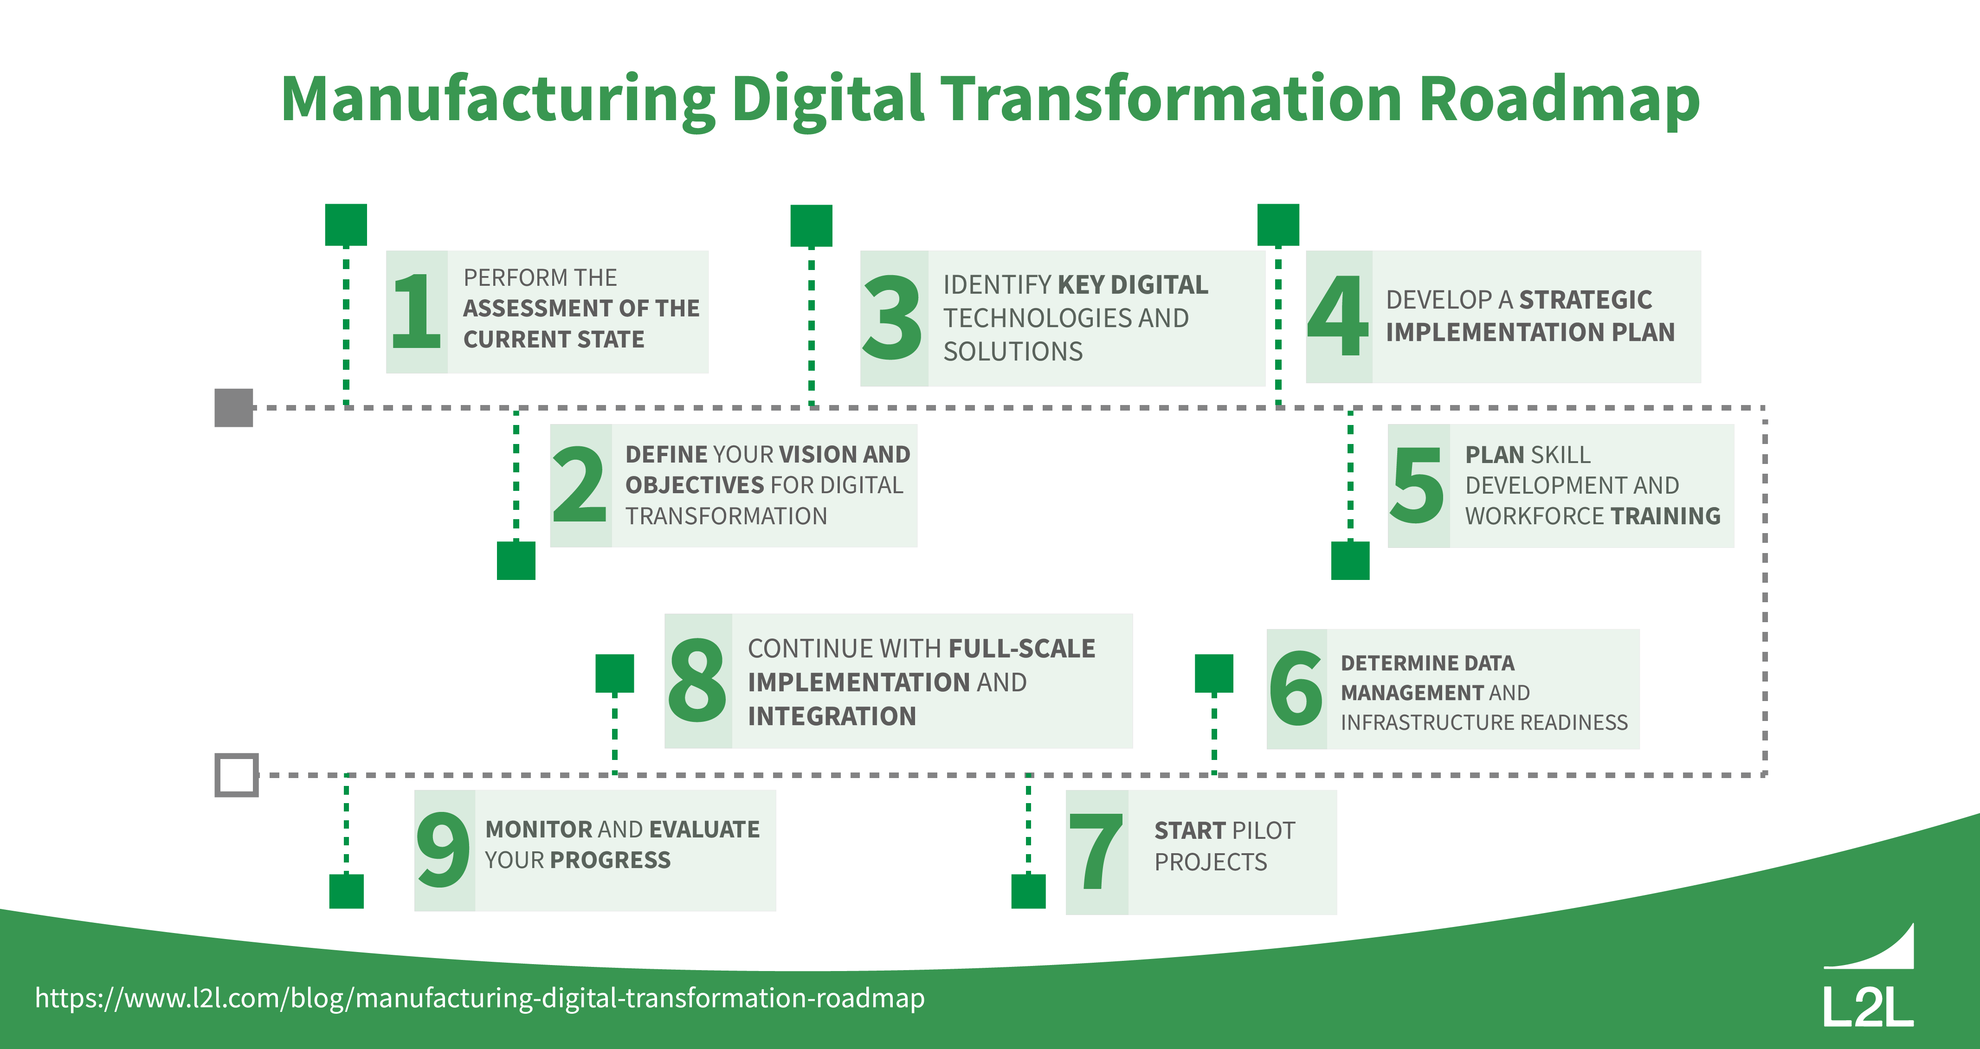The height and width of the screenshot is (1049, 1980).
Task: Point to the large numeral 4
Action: click(1338, 316)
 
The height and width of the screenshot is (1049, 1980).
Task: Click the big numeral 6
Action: click(1296, 689)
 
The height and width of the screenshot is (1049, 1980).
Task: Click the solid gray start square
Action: click(234, 407)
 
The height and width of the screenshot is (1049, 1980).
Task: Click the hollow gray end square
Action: click(236, 775)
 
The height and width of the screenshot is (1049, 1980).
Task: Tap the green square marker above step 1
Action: click(346, 225)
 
